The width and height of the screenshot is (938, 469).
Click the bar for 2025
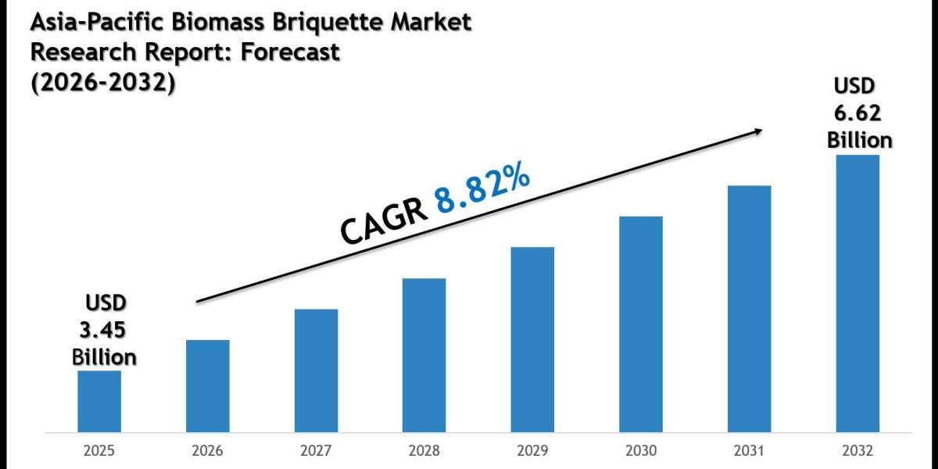(99, 401)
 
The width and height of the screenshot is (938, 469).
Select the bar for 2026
(208, 385)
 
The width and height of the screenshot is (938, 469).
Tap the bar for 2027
(317, 371)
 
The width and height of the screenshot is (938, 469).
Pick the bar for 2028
(424, 355)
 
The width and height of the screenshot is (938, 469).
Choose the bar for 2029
(532, 339)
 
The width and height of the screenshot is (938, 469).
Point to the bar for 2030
(641, 324)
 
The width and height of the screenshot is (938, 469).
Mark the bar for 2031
(749, 309)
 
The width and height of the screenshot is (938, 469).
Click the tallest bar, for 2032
(857, 293)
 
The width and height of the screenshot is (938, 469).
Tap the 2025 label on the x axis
(99, 451)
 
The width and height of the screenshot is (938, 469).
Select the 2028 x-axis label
(424, 451)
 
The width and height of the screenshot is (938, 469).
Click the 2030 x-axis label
(641, 451)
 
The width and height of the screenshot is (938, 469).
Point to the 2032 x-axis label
(857, 451)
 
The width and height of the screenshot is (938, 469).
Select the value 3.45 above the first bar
(104, 330)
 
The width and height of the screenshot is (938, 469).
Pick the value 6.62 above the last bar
(857, 113)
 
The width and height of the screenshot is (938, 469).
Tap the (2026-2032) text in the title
(102, 81)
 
